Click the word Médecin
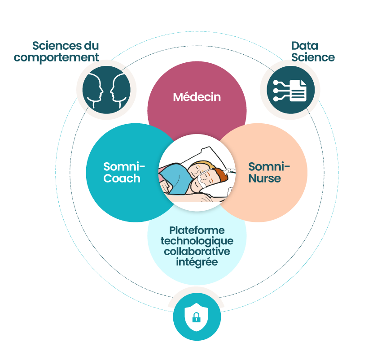point(197,97)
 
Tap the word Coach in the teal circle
point(122,178)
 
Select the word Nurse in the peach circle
point(265,178)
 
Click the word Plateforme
point(197,230)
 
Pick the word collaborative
point(197,252)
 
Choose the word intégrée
point(197,262)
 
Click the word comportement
point(56,58)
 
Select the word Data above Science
point(305,46)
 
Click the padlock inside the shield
point(196,317)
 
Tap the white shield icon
point(197,317)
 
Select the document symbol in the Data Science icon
point(298,91)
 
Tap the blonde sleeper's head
point(199,169)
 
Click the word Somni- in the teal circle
point(124,167)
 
